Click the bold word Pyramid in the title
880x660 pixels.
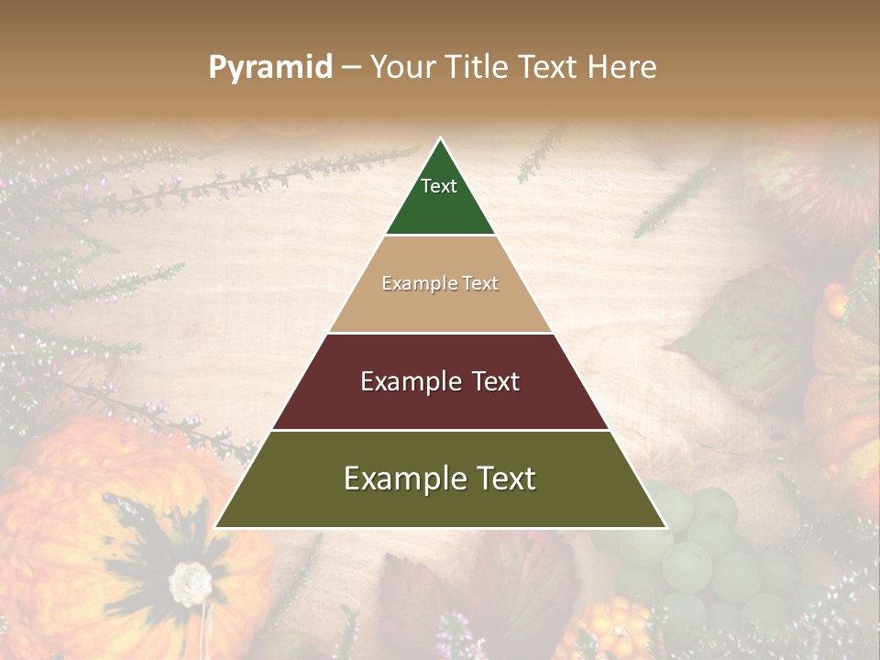[x=270, y=68]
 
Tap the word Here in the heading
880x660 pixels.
[x=621, y=68]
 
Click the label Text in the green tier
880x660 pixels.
[x=439, y=186]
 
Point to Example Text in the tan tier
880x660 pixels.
[x=440, y=283]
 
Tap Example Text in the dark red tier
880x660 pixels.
[x=440, y=381]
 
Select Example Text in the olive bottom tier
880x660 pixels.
[x=440, y=478]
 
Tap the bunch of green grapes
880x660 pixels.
[x=706, y=550]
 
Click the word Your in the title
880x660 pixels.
[x=401, y=68]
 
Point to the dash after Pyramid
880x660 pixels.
[x=351, y=68]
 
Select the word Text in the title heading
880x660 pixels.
[x=548, y=68]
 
